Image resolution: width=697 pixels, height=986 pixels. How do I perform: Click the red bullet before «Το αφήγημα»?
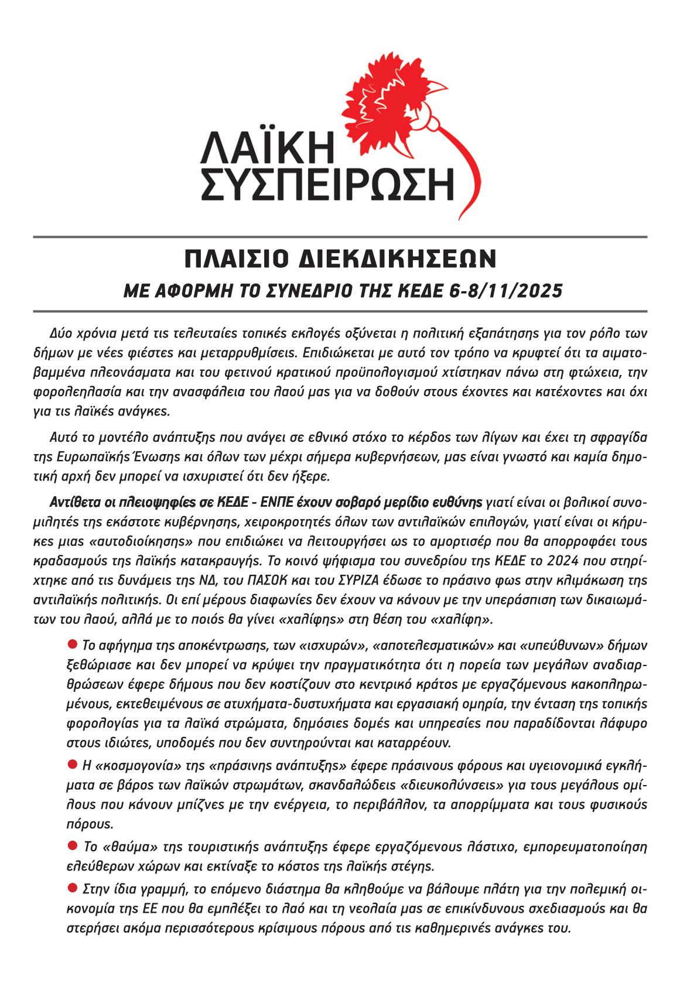click(73, 644)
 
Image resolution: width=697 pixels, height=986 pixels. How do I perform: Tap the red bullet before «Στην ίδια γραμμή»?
click(73, 888)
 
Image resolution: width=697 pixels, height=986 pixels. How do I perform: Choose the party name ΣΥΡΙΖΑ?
click(354, 580)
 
